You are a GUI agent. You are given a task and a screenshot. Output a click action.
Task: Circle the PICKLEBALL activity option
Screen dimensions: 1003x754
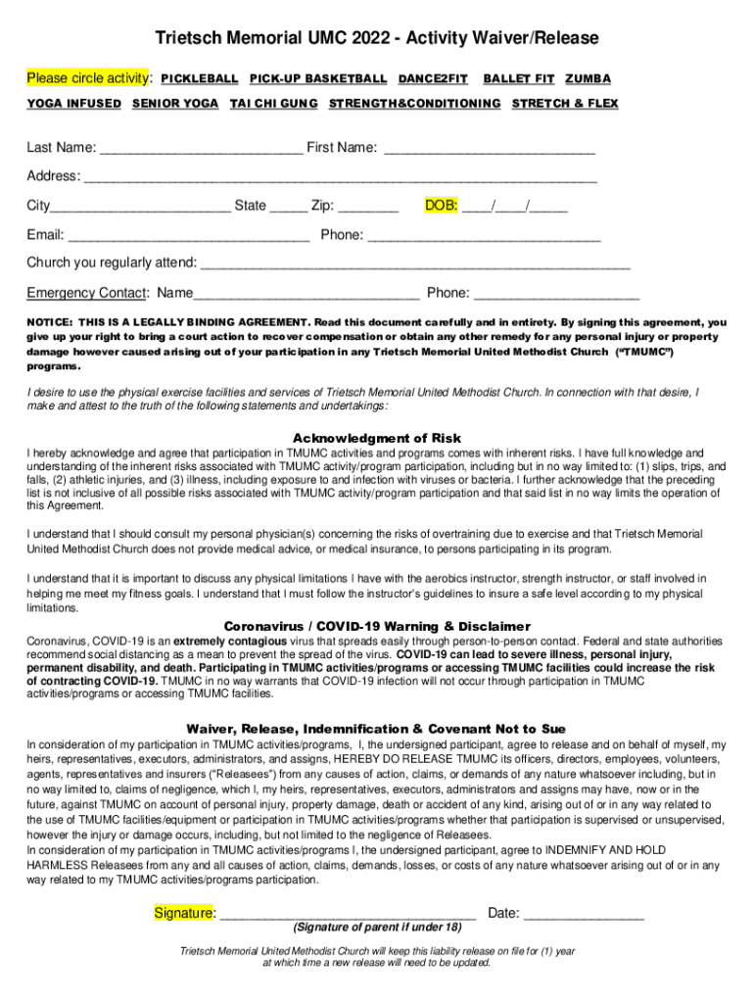(199, 78)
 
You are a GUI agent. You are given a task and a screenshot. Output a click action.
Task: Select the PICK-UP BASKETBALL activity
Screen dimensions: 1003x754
(318, 78)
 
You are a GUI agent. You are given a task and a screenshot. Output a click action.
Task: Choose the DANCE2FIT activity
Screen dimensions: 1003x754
(432, 78)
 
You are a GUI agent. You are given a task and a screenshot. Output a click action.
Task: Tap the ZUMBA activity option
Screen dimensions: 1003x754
(588, 78)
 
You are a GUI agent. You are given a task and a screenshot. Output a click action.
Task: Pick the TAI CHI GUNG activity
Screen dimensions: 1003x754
(273, 104)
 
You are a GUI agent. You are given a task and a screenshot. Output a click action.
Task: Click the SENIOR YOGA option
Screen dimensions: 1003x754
(175, 104)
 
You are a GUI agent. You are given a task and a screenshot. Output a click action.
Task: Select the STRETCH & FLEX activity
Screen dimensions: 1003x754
(565, 104)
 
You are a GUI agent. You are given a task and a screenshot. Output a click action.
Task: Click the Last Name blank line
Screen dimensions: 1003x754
(201, 150)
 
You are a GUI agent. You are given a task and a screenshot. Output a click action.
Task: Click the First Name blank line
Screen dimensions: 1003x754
(490, 150)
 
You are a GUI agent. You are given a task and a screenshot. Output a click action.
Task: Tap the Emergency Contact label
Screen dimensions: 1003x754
(87, 293)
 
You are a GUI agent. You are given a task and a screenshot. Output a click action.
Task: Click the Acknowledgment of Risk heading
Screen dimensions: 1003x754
(377, 438)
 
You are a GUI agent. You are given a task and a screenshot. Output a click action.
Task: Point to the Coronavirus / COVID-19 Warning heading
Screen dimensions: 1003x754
(377, 626)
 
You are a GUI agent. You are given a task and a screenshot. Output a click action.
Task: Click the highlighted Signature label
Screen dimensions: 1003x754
(185, 913)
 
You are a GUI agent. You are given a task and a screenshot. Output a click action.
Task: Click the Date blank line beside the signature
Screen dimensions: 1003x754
(584, 916)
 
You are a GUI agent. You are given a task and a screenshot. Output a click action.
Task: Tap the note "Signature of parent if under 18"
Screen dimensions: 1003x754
(377, 928)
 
